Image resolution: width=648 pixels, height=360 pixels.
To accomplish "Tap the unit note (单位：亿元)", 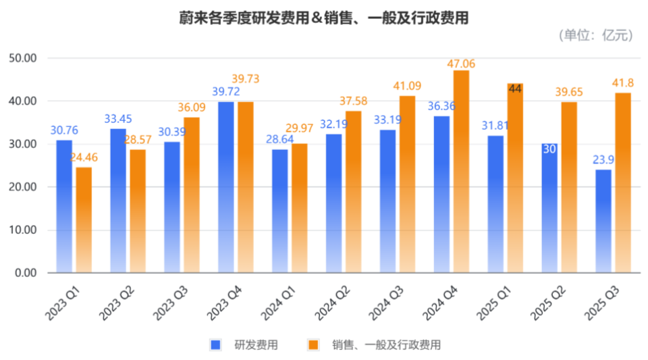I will point(595,36).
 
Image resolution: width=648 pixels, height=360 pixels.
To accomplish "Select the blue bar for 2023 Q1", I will point(63,206).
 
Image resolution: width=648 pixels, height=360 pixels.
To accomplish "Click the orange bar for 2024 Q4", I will point(461,172).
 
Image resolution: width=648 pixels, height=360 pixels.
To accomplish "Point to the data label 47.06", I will point(461,63).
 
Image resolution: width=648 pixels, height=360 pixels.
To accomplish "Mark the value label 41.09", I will point(408,86).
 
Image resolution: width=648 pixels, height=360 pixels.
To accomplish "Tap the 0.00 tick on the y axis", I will point(25,273).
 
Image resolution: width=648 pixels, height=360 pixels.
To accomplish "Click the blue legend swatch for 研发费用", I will point(216,344).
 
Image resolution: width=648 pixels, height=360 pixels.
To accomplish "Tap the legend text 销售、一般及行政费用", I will point(386,344).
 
